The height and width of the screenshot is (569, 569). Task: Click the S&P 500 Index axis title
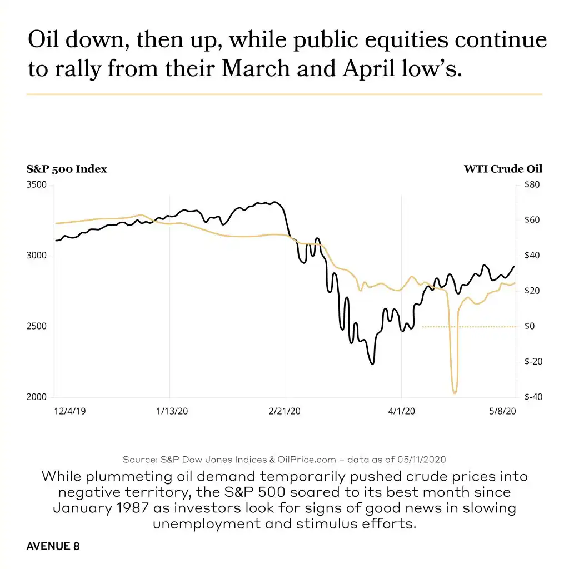point(67,169)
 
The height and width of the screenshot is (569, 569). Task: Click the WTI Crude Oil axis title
point(503,169)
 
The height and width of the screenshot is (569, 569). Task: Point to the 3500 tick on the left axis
point(37,184)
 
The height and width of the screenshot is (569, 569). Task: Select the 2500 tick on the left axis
point(37,326)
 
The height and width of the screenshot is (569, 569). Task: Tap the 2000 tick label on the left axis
point(37,397)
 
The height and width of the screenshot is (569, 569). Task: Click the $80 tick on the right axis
point(531,184)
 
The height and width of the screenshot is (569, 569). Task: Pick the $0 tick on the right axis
point(530,326)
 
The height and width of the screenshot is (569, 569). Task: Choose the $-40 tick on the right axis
point(532,397)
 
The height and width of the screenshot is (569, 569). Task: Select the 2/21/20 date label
point(284,411)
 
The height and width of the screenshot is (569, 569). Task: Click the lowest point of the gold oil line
point(455,393)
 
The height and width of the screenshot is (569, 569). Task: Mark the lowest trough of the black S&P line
point(372,363)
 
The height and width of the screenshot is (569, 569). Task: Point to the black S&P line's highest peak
point(274,202)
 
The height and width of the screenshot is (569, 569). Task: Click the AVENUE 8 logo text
point(53,546)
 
